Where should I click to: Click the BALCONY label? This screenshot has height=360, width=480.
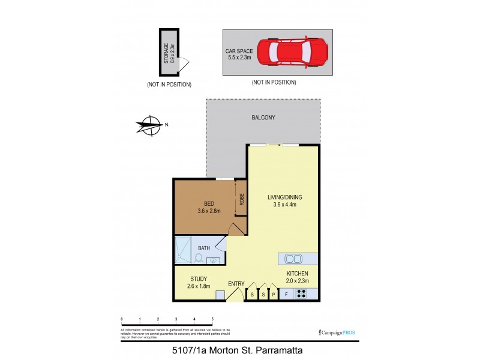click(x=263, y=118)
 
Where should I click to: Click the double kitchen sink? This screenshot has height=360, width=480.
click(x=294, y=259)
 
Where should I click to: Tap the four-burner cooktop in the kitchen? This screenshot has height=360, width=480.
click(x=302, y=295)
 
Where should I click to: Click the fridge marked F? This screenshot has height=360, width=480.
click(x=286, y=295)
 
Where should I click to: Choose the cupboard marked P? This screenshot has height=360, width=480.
click(x=274, y=295)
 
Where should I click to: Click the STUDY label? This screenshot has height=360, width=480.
click(x=199, y=278)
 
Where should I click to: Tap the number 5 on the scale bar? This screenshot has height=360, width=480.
click(x=212, y=319)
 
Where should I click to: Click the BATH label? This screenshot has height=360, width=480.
click(x=204, y=247)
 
